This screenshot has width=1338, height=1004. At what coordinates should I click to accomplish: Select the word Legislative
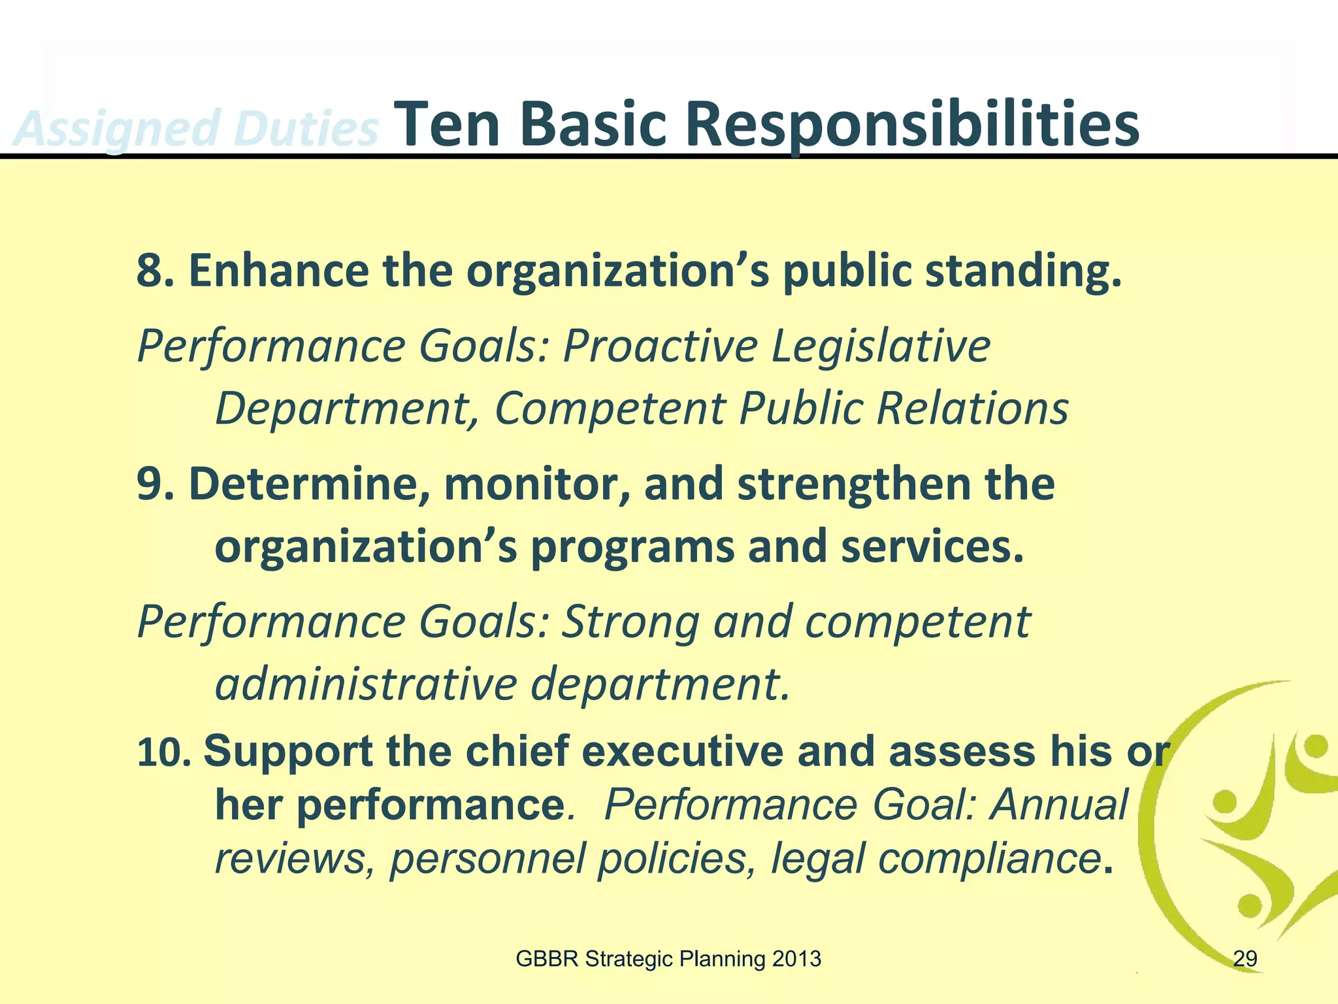[881, 346]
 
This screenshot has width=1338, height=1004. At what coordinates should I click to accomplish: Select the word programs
[632, 548]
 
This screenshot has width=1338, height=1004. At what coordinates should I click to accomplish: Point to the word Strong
[631, 622]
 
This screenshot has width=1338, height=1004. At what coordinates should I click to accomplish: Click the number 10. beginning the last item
[164, 752]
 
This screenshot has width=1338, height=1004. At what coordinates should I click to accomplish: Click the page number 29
[1245, 959]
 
